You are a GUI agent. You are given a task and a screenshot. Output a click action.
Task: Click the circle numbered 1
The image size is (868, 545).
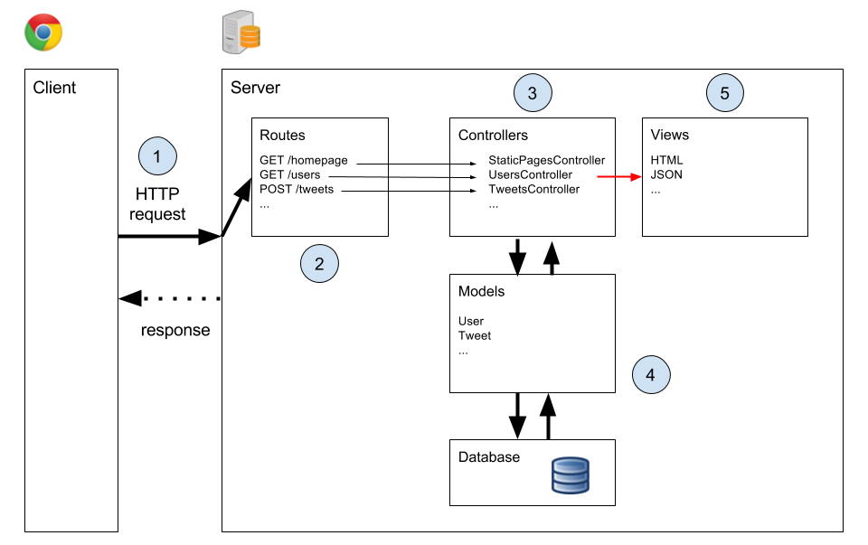pyautogui.click(x=157, y=156)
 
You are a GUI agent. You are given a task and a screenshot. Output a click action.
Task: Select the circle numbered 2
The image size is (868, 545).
pyautogui.click(x=319, y=264)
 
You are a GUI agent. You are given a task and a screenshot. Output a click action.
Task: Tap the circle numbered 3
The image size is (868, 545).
pyautogui.click(x=533, y=93)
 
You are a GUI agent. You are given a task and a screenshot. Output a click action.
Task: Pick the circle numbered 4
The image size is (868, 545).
pyautogui.click(x=651, y=374)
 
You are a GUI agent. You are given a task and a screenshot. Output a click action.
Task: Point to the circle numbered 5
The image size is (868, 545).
pyautogui.click(x=724, y=93)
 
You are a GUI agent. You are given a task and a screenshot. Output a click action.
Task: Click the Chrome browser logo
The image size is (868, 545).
pyautogui.click(x=43, y=33)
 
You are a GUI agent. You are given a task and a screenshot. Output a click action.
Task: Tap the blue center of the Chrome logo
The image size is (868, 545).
pyautogui.click(x=43, y=33)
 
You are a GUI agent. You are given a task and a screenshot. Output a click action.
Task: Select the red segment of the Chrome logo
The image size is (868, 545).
pyautogui.click(x=43, y=20)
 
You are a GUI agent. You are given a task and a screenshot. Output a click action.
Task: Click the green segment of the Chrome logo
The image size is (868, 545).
pyautogui.click(x=33, y=40)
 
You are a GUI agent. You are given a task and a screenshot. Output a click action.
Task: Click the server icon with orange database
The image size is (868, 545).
pyautogui.click(x=241, y=33)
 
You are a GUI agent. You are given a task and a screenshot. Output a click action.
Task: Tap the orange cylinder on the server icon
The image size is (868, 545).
pyautogui.click(x=250, y=37)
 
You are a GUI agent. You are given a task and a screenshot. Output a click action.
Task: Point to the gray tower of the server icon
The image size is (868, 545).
pyautogui.click(x=232, y=33)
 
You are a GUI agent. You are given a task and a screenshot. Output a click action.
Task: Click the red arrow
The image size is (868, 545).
pyautogui.click(x=618, y=177)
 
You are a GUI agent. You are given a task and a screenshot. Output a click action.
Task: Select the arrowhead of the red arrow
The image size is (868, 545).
pyautogui.click(x=637, y=177)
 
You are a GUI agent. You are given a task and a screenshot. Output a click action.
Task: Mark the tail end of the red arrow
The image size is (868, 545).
pyautogui.click(x=599, y=177)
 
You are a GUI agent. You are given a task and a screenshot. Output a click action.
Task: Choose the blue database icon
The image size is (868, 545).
pyautogui.click(x=571, y=475)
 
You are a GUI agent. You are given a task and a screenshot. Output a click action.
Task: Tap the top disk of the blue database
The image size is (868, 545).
pyautogui.click(x=571, y=465)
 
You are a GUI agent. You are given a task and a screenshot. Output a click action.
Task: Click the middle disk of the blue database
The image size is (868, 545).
pyautogui.click(x=571, y=475)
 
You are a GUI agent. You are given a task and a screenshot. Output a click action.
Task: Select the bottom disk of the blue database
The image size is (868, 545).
pyautogui.click(x=571, y=486)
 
